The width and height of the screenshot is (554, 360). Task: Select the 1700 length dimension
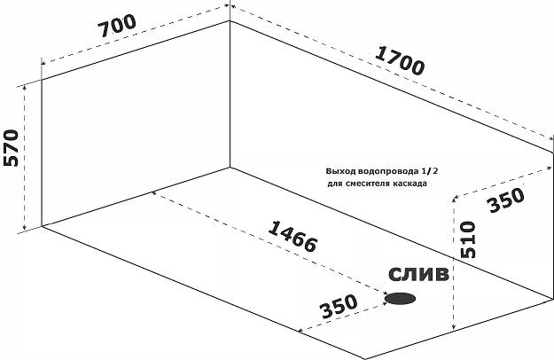coord(399,59)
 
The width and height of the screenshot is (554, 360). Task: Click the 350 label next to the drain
coord(338,306)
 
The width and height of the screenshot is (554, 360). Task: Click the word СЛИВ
coord(417,274)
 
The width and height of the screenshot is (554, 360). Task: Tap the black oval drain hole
coord(401,299)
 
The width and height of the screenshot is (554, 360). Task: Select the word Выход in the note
coord(340,170)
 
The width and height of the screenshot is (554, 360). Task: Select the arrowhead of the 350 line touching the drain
coord(385,295)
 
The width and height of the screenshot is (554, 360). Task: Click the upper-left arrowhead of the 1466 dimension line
coord(154,192)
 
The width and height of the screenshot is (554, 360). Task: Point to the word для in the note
coord(333,184)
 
